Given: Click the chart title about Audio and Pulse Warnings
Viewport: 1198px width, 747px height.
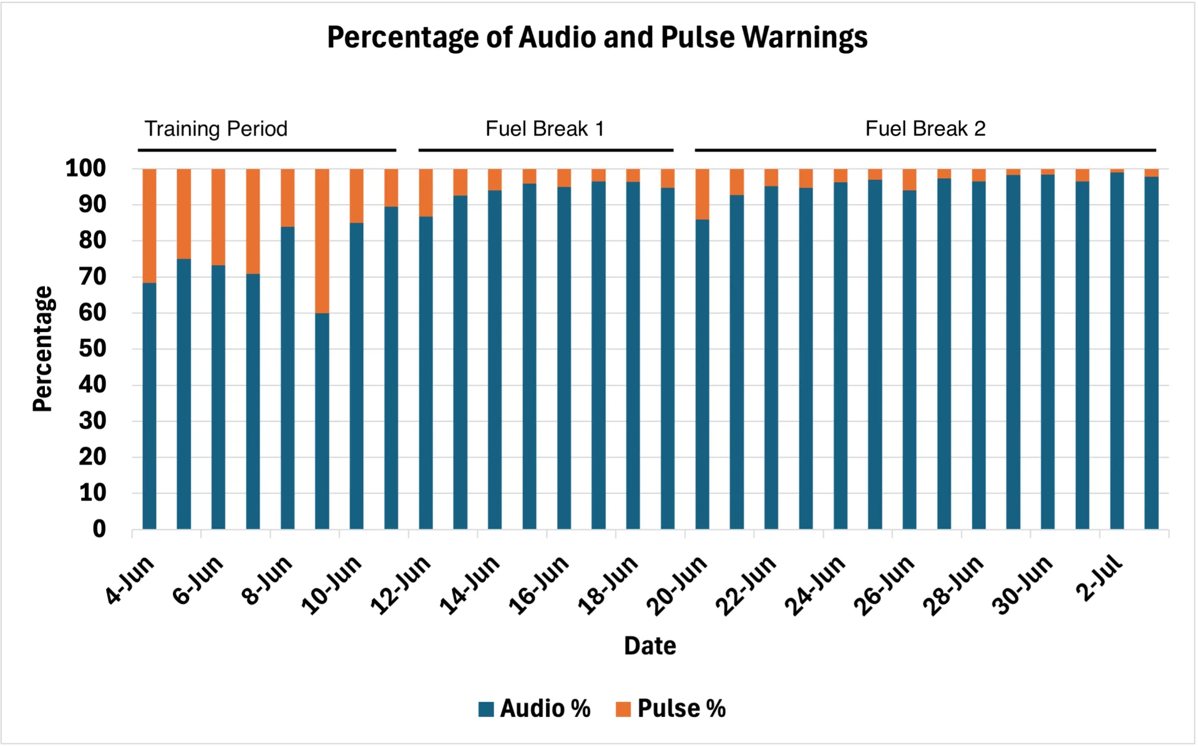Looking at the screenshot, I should tap(597, 37).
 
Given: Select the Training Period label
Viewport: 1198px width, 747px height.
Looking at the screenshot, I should tap(216, 129).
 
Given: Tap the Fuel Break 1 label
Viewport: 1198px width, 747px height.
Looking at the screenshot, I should tap(545, 129).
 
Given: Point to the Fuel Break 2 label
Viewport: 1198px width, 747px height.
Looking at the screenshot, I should tap(925, 129).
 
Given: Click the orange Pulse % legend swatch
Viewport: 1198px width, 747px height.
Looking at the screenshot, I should tap(623, 709).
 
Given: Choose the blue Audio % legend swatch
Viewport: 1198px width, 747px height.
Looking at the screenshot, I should tap(486, 709).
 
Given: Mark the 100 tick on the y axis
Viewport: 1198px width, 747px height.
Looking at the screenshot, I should tap(85, 168).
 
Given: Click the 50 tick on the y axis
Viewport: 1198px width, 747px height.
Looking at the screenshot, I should tap(92, 348).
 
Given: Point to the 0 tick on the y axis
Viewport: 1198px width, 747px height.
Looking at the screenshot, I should tap(99, 529).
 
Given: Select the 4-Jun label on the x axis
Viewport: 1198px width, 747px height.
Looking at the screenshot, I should tap(130, 580).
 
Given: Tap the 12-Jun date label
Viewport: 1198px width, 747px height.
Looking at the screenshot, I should tap(401, 585).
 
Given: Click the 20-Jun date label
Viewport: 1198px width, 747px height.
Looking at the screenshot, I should tap(677, 585).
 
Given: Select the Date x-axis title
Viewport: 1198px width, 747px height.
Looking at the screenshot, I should tap(650, 646).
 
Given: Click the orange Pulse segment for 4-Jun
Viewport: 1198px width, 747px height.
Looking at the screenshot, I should tap(150, 225).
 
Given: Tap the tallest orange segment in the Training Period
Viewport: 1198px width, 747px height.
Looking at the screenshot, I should tap(322, 241).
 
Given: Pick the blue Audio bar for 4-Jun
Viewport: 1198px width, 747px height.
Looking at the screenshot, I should tap(150, 406).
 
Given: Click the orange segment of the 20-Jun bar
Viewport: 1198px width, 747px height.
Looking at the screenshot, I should tap(702, 194).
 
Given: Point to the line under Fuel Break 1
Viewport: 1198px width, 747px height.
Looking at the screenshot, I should tap(545, 150).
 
